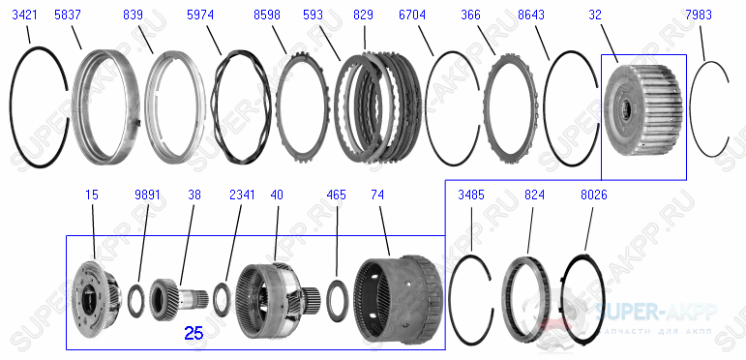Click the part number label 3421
coord(26,15)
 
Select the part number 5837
coord(68,15)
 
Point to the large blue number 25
coord(194,334)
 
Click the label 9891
coord(147,195)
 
